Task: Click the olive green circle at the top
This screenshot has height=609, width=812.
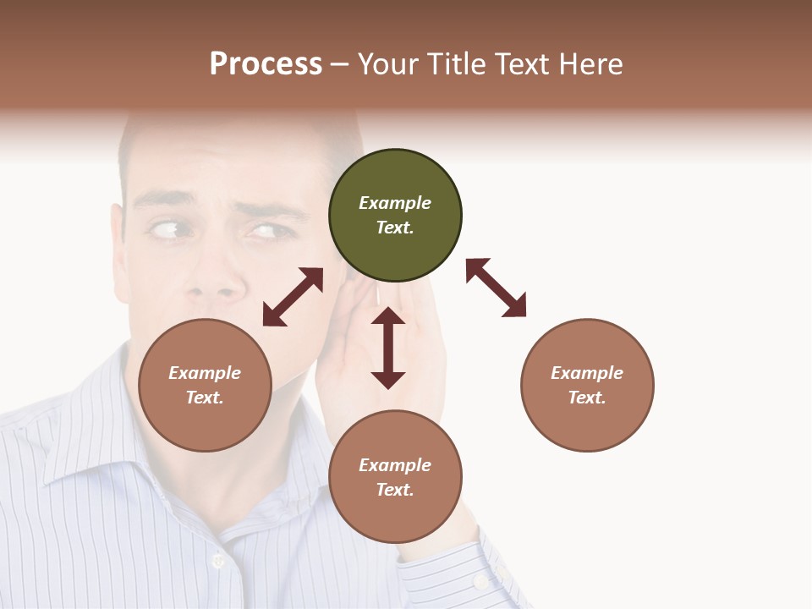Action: coord(395,216)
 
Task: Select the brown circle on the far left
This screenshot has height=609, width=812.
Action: coord(205,385)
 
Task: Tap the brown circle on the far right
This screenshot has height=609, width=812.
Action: coord(587,385)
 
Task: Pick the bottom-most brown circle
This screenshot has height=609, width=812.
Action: coord(395,477)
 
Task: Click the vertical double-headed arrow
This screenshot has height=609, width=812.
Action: coord(388,348)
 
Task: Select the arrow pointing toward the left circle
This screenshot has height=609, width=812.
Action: coord(293,297)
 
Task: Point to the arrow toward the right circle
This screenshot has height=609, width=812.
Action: coord(497,288)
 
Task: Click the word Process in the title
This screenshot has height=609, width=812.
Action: coord(266,64)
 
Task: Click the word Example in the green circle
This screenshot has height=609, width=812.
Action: coord(395,203)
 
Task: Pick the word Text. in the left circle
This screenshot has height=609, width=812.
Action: coord(205,398)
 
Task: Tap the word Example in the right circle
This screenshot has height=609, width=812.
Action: coord(587,373)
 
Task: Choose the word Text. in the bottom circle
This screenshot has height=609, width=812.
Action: coord(395,490)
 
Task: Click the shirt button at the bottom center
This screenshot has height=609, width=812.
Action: coord(218,560)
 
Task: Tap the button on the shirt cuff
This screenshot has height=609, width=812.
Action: coord(481,582)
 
